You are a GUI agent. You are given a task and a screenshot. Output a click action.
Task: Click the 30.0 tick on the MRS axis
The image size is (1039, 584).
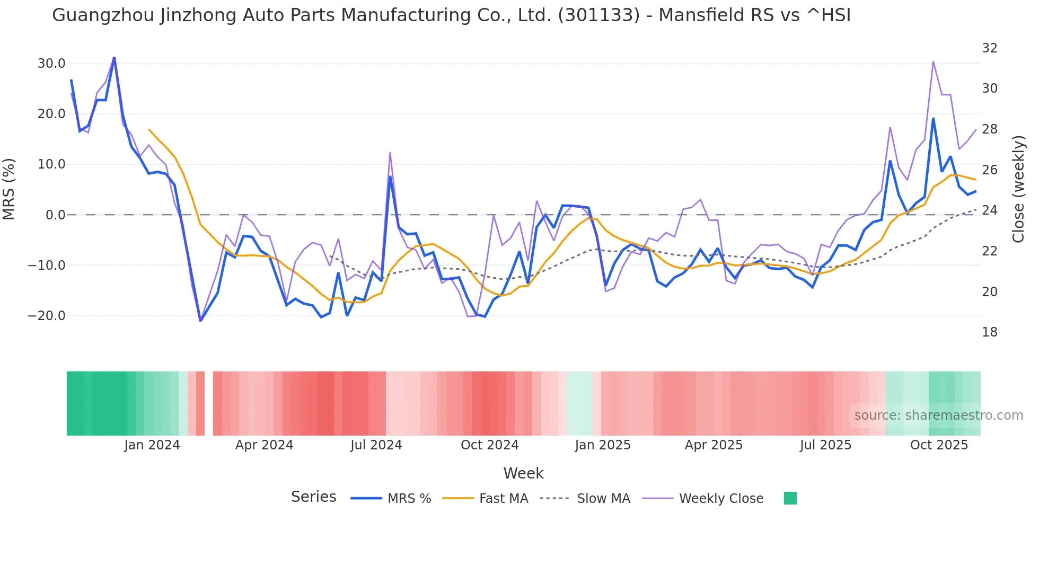pyautogui.click(x=51, y=64)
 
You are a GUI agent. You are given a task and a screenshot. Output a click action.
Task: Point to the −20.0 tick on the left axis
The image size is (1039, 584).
pyautogui.click(x=47, y=316)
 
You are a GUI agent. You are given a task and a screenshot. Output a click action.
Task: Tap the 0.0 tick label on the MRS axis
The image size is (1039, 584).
pyautogui.click(x=56, y=215)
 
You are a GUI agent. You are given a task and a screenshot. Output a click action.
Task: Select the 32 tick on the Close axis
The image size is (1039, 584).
pyautogui.click(x=989, y=48)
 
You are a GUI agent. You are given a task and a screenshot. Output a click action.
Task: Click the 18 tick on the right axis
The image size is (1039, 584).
pyautogui.click(x=989, y=332)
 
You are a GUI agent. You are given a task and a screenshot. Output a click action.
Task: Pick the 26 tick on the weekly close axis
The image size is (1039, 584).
pyautogui.click(x=989, y=170)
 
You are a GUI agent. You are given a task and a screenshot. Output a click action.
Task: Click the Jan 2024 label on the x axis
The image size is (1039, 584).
pyautogui.click(x=152, y=445)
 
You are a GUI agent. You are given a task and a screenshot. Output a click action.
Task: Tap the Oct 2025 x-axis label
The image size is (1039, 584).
pyautogui.click(x=939, y=445)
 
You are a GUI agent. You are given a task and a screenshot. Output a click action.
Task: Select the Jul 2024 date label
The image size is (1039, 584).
pyautogui.click(x=376, y=445)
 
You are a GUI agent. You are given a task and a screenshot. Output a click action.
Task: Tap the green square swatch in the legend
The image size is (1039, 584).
pyautogui.click(x=790, y=498)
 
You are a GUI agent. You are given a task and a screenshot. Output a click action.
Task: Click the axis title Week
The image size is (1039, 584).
pyautogui.click(x=523, y=473)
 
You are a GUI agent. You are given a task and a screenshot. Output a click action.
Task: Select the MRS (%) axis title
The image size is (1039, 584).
pyautogui.click(x=9, y=189)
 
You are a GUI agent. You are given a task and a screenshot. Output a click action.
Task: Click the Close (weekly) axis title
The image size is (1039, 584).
pyautogui.click(x=1018, y=189)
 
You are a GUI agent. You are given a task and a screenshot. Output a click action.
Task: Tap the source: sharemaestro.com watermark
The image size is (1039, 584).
pyautogui.click(x=938, y=415)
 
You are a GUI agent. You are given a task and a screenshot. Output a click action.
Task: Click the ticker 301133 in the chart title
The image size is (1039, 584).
pyautogui.click(x=598, y=15)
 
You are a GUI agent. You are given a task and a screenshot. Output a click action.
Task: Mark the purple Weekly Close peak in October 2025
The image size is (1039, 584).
pyautogui.click(x=933, y=62)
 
